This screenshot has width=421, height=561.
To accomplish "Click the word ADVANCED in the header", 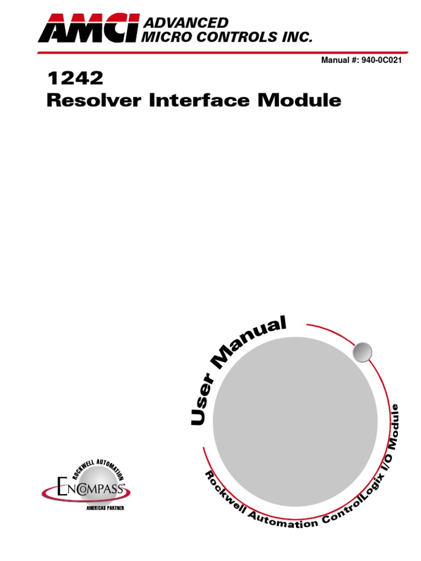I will click(x=185, y=22).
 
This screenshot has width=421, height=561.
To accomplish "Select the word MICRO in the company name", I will click(x=164, y=37).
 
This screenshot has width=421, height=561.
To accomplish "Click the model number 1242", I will click(x=75, y=79).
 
